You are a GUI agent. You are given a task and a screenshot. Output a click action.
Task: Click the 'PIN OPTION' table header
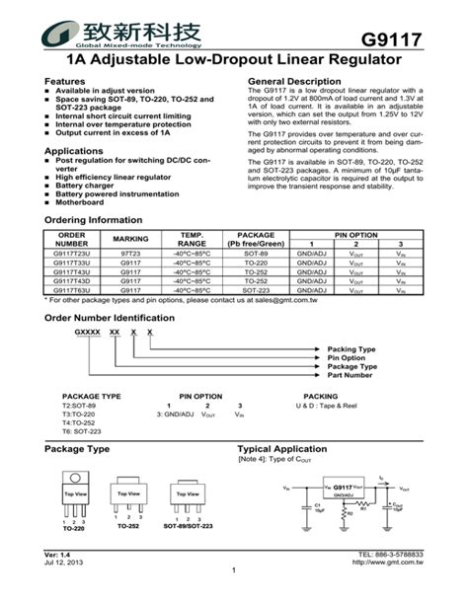pyautogui.click(x=355, y=235)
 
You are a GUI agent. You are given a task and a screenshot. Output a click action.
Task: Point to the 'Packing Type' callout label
pyautogui.click(x=351, y=349)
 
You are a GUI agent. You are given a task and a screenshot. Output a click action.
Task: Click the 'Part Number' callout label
pyautogui.click(x=350, y=375)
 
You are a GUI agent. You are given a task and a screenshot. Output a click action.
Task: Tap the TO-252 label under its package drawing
pyautogui.click(x=128, y=527)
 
